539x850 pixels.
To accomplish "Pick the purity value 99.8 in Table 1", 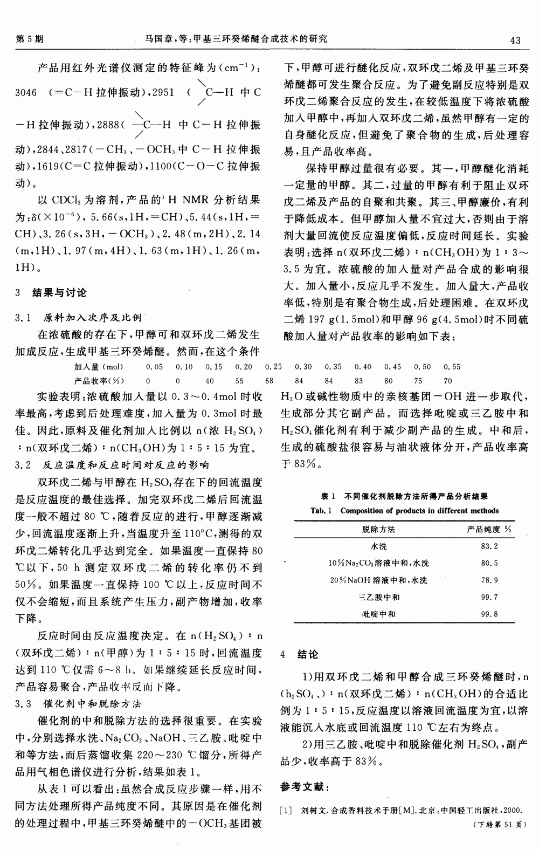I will pos(489,614).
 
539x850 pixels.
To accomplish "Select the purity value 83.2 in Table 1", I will pos(489,546).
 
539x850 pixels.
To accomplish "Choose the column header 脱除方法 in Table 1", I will pos(378,530).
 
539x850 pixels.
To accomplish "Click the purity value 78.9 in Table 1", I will pos(489,580).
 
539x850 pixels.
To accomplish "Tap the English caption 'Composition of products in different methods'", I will pos(419,511).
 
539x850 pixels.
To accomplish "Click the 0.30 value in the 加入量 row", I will pos(303,367).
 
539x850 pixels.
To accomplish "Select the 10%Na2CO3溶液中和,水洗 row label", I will pos(378,564).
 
